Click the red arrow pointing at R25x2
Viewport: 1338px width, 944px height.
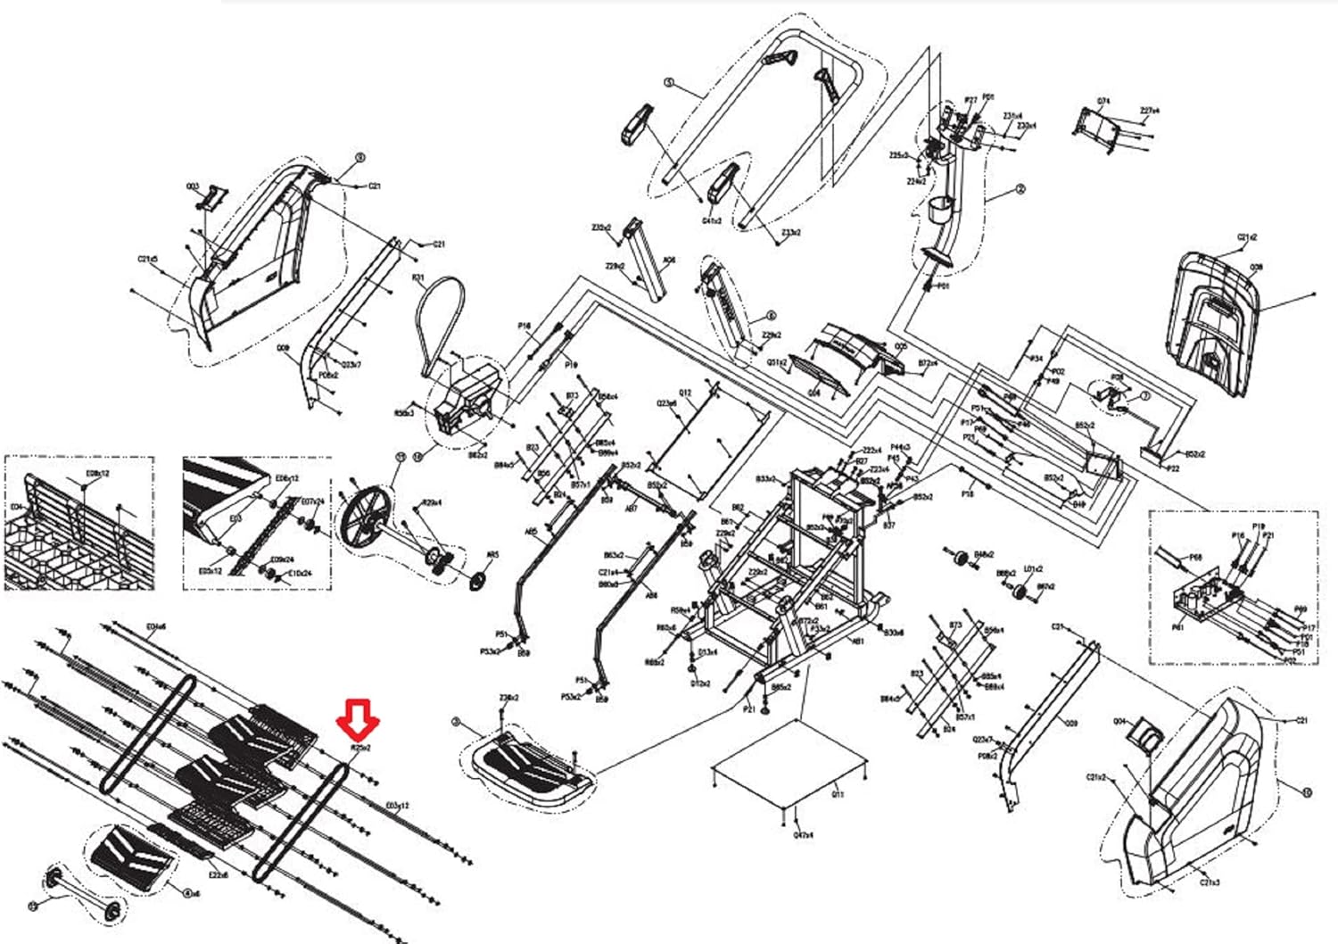pyautogui.click(x=358, y=716)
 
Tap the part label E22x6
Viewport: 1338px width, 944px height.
pyautogui.click(x=219, y=875)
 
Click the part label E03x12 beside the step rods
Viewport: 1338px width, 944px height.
pyautogui.click(x=397, y=806)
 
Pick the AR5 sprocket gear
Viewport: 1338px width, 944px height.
pyautogui.click(x=480, y=581)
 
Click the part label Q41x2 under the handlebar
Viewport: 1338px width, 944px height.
pyautogui.click(x=712, y=220)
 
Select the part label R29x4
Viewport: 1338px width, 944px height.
pyautogui.click(x=432, y=502)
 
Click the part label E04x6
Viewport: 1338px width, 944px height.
pyautogui.click(x=155, y=625)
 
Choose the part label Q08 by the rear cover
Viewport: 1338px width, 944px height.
pyautogui.click(x=1257, y=267)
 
